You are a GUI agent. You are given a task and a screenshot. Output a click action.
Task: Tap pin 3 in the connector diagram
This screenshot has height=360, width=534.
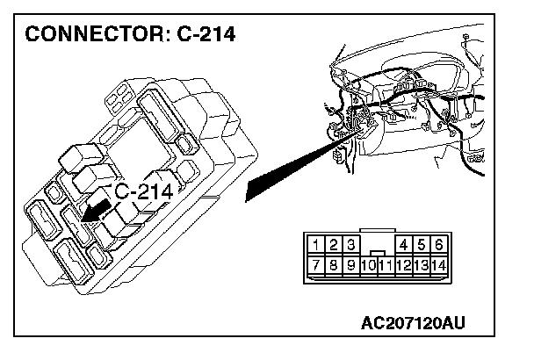[351, 244]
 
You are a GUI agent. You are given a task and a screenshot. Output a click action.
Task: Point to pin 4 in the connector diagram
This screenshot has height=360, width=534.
[404, 244]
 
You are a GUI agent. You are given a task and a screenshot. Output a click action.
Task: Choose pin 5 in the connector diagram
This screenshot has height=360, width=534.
[421, 244]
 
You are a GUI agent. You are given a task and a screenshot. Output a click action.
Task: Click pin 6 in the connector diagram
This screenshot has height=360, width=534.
[437, 244]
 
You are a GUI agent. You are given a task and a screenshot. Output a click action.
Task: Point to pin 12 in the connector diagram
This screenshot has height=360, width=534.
[404, 263]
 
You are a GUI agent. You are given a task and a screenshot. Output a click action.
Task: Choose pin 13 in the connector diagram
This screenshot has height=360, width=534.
[421, 263]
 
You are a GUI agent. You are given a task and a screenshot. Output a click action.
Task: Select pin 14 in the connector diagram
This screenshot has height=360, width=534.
[437, 263]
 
